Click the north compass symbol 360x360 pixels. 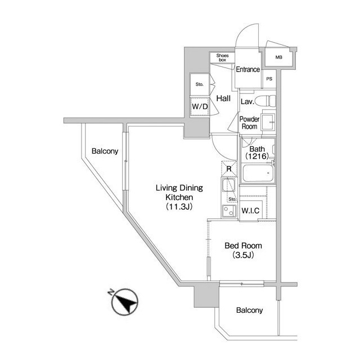click(x=125, y=301)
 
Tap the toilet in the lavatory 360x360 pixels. click(x=265, y=101)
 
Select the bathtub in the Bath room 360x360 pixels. click(x=258, y=173)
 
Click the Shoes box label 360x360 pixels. click(x=222, y=57)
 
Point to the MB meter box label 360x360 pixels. click(x=279, y=57)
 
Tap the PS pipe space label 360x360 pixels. click(x=269, y=79)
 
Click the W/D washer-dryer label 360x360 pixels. click(x=200, y=106)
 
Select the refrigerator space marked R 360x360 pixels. click(x=229, y=169)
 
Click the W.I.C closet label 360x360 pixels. click(x=250, y=210)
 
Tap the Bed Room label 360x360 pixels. click(x=243, y=246)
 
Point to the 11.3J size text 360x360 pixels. click(x=179, y=207)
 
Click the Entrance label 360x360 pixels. click(x=248, y=69)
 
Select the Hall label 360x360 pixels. click(x=223, y=98)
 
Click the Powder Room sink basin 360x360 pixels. click(x=268, y=121)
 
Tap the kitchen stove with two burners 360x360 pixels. click(x=229, y=211)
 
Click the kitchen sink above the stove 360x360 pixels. click(x=228, y=185)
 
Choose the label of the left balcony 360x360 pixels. click(x=105, y=151)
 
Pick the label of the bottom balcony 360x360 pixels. click(x=249, y=310)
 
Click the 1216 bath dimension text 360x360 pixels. click(x=257, y=156)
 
